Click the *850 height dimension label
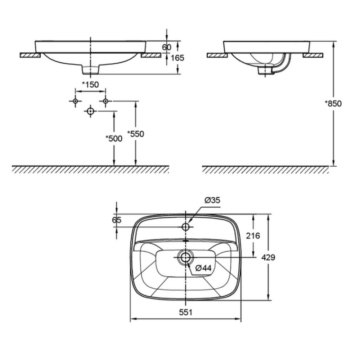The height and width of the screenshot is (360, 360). click(x=333, y=104)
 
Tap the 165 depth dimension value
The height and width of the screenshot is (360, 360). click(x=177, y=58)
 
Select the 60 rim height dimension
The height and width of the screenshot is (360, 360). click(x=167, y=47)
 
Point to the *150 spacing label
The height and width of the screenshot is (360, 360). click(x=90, y=85)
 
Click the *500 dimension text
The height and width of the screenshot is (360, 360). click(x=114, y=139)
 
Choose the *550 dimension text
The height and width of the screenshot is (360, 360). click(x=136, y=134)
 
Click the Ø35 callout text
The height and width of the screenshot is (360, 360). click(x=212, y=201)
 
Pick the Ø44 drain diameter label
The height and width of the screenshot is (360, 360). click(x=203, y=268)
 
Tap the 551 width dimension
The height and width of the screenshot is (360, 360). click(x=185, y=312)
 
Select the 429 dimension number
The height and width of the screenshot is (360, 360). click(x=268, y=257)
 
